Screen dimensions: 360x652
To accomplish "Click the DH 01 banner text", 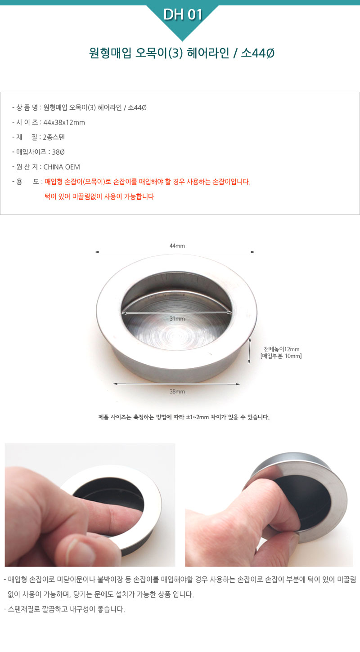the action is pos(183,14).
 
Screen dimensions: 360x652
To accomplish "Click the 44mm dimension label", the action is pos(177,246).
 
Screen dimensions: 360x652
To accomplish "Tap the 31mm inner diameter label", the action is pos(177,319).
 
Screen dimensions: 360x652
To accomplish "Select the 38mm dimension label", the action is pos(177,392).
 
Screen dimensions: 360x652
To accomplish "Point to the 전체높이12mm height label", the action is pos(281,349).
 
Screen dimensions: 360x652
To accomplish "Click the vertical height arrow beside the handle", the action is pos(249,351).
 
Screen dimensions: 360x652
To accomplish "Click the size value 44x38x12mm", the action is pos(64,123).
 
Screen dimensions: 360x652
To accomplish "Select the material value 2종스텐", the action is pos(54,137).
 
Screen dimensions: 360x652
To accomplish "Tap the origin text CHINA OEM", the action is pos(62,167).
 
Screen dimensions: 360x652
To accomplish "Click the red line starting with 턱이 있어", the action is pos(99,196).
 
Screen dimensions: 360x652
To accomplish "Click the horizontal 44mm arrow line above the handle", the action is pos(175,252).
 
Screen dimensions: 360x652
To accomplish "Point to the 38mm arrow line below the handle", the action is pos(176,384).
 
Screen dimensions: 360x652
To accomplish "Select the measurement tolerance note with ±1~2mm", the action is pos(184,417).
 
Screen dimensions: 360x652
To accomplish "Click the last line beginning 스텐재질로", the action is pos(64,609).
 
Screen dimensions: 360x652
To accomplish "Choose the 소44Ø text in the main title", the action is pos(258,53).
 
